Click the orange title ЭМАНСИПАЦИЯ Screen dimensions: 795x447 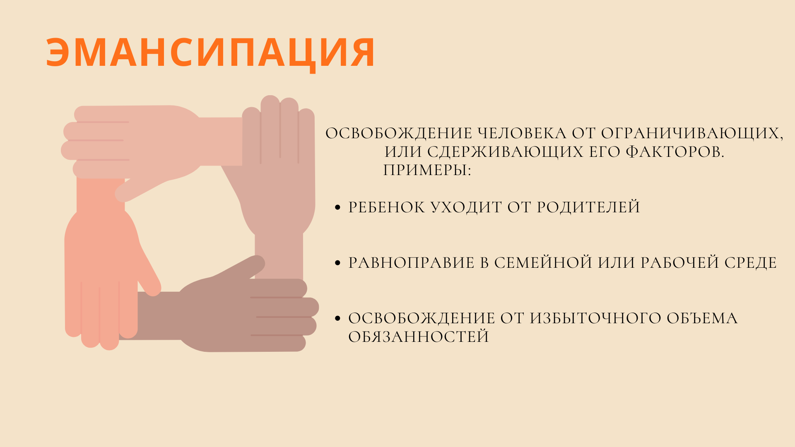[x=210, y=53]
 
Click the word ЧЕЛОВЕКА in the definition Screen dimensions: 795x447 [x=522, y=134]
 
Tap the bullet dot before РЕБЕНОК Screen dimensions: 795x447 [x=337, y=207]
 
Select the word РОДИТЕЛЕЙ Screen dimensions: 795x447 [x=588, y=207]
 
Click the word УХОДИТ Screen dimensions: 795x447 [x=466, y=207]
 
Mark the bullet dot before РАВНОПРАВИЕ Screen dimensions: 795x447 [x=337, y=263]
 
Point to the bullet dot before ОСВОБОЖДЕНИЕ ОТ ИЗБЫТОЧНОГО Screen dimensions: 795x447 [x=337, y=318]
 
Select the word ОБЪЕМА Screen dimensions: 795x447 [x=702, y=318]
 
